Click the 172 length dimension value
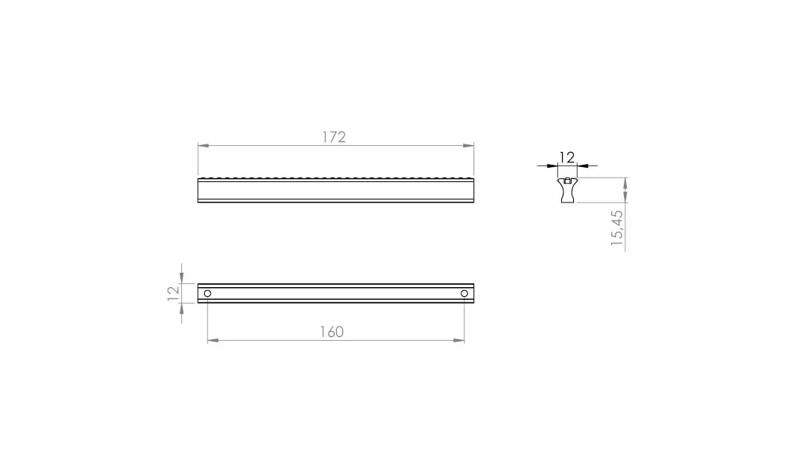[334, 137]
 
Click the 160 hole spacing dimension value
[332, 332]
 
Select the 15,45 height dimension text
[617, 228]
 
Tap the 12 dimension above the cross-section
[567, 158]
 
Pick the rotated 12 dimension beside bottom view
[174, 293]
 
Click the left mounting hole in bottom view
[208, 293]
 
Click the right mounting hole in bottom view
[464, 293]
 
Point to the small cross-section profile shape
[567, 190]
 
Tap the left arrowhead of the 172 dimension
[203, 146]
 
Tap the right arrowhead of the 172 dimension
[468, 146]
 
